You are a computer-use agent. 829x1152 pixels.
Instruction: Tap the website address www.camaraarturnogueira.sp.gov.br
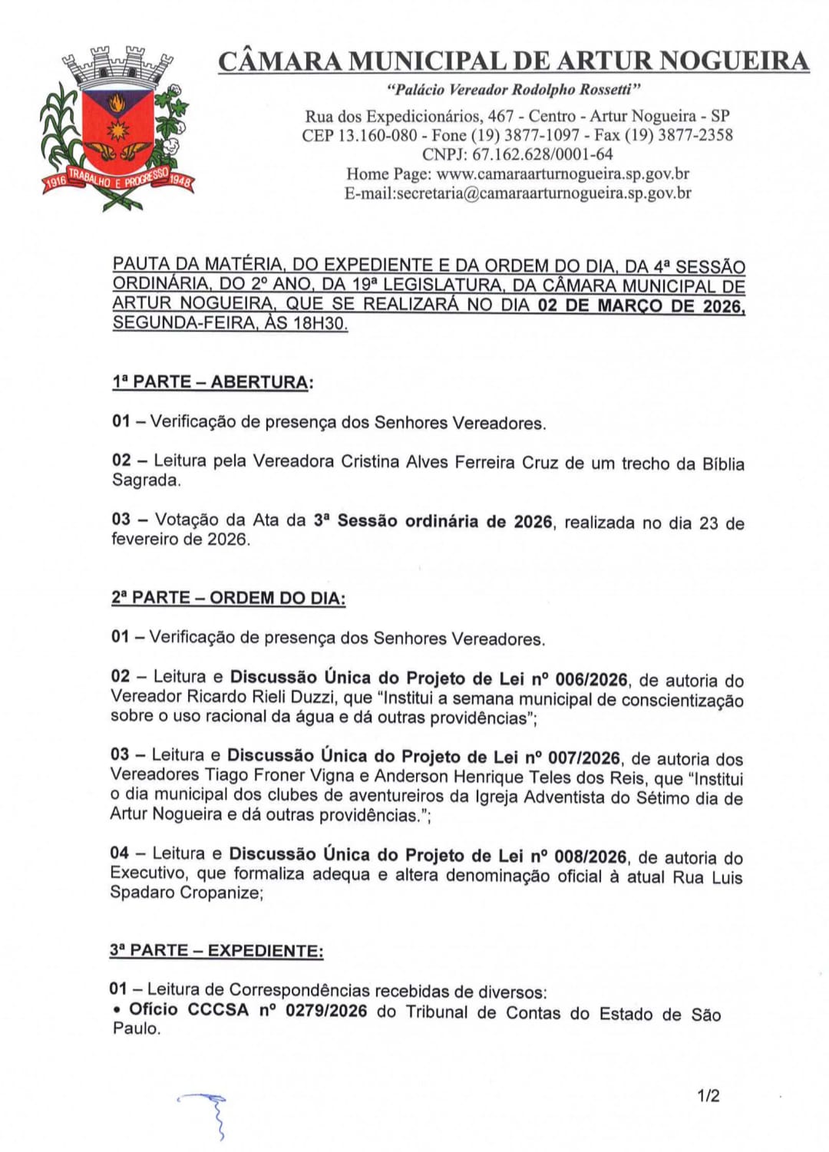click(x=563, y=173)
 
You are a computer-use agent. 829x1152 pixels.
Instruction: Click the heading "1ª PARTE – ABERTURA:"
click(x=213, y=382)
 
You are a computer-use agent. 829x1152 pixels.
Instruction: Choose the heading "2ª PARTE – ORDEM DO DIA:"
click(x=228, y=598)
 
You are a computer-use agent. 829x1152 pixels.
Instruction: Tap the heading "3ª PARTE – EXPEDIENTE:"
click(x=216, y=951)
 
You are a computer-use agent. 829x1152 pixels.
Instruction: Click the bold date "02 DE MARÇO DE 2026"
click(x=640, y=305)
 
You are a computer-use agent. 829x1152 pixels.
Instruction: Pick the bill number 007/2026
click(x=584, y=758)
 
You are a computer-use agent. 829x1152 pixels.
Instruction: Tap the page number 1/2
click(x=708, y=1095)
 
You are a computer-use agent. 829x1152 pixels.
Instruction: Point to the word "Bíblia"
click(x=723, y=464)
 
